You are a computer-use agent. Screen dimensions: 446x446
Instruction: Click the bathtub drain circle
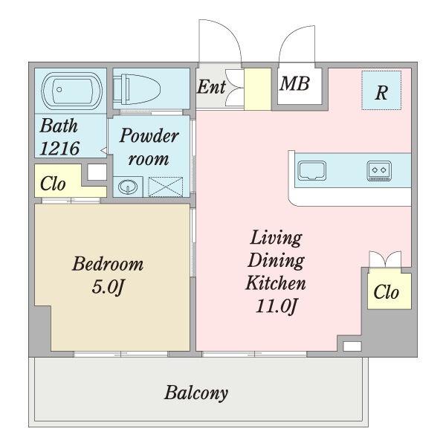pos(59,90)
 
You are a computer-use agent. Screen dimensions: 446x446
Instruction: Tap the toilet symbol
pos(137,89)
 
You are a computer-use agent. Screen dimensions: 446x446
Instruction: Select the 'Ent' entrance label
pos(211,87)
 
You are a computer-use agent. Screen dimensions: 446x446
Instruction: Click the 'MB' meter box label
pos(294,83)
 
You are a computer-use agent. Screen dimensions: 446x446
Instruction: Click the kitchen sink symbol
pos(312,171)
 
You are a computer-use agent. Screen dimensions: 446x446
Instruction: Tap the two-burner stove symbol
pos(379,171)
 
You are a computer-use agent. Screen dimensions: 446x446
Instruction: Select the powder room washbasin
pos(128,187)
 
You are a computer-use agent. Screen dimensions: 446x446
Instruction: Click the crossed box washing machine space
pos(166,187)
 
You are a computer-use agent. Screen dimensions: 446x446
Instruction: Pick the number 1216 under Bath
pos(59,148)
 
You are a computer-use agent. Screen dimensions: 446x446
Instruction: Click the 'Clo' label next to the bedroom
pos(53,184)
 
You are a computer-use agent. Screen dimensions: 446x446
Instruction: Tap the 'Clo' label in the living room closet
pos(387,292)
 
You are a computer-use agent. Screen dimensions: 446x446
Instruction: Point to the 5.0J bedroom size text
pos(108,287)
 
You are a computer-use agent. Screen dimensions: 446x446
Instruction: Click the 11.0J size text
pos(277,306)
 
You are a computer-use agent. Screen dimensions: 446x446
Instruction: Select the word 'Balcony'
pos(196,393)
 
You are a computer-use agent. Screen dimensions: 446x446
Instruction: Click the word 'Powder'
pos(149,135)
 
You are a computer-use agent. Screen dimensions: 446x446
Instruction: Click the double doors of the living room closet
pos(385,259)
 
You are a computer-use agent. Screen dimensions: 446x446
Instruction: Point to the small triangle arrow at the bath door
pos(104,150)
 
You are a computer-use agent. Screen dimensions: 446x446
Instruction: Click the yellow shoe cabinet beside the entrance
pos(258,89)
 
